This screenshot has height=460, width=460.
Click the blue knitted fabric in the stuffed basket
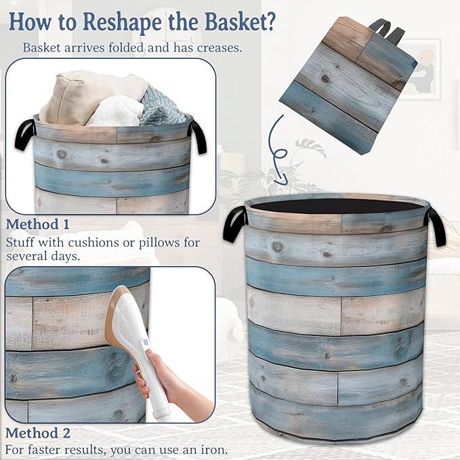161,108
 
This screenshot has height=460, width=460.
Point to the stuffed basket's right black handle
198,136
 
